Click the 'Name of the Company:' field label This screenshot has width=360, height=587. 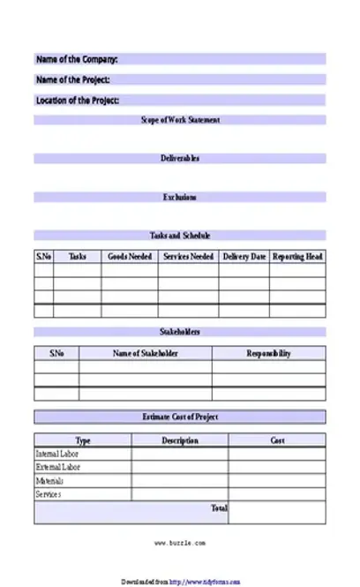[x=77, y=60]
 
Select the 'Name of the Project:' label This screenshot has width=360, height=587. [x=72, y=80]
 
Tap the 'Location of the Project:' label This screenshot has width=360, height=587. [x=78, y=101]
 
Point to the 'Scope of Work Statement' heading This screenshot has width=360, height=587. [x=180, y=120]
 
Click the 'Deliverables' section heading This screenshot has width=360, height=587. [x=180, y=159]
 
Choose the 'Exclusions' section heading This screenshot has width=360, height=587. [x=180, y=198]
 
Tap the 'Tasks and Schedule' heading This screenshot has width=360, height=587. [x=180, y=236]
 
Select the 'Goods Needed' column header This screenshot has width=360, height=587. [x=130, y=257]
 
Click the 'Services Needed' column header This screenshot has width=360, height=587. [x=188, y=257]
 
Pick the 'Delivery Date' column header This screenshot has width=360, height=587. [x=244, y=257]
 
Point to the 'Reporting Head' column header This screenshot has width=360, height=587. [x=297, y=257]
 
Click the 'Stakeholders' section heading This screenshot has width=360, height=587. [x=180, y=332]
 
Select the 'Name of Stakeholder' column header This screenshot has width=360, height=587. [x=146, y=354]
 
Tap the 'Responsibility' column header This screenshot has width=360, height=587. [x=268, y=354]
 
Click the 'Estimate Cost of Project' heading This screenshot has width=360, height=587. [x=180, y=417]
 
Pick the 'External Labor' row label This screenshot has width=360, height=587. [x=58, y=467]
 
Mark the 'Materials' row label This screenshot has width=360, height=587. [x=50, y=481]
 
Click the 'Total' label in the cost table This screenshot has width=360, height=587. [x=220, y=508]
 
